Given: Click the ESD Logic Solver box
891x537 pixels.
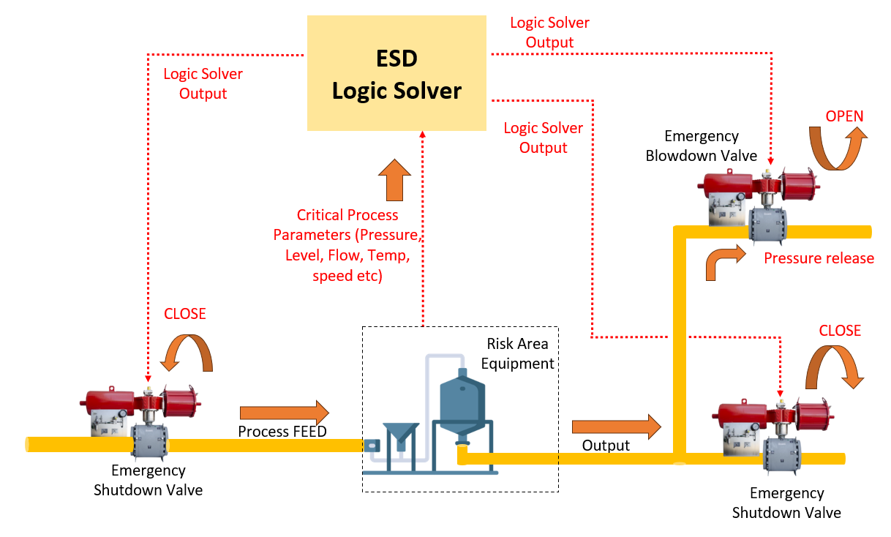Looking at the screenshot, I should pos(396,73).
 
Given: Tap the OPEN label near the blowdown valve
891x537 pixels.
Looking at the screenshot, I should pos(844,116).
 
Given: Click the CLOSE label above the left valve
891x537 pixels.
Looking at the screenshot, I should pos(184,314).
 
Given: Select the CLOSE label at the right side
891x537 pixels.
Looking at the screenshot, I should pos(840,331).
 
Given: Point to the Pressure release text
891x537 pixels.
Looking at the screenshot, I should pos(819,258).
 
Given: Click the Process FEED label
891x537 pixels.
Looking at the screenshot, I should pos(282,432).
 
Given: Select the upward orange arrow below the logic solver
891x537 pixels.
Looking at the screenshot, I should pos(395,179).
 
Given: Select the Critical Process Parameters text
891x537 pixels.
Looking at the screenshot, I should pos(347,246).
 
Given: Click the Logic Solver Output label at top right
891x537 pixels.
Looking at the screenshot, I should pos(549,32).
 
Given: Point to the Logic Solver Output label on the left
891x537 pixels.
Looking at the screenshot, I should pos(203,83).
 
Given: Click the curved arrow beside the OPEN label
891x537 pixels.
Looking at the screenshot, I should pos(836,146).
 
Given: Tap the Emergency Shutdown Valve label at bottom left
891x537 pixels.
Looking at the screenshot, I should pos(148,480).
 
